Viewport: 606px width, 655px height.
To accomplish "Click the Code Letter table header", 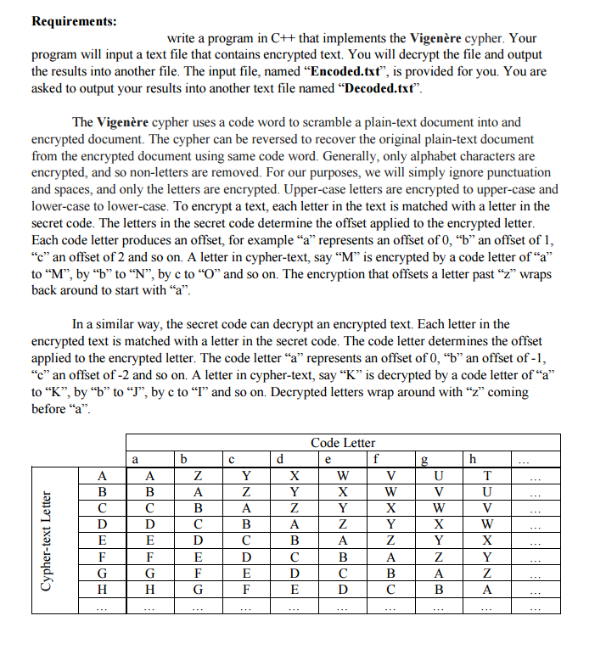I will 343,442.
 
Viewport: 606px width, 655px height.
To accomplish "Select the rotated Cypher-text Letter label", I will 49,540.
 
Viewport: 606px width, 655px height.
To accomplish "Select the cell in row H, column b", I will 197,588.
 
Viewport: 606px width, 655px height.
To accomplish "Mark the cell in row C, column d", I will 295,507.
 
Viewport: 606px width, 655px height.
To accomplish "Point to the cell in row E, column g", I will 439,540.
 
